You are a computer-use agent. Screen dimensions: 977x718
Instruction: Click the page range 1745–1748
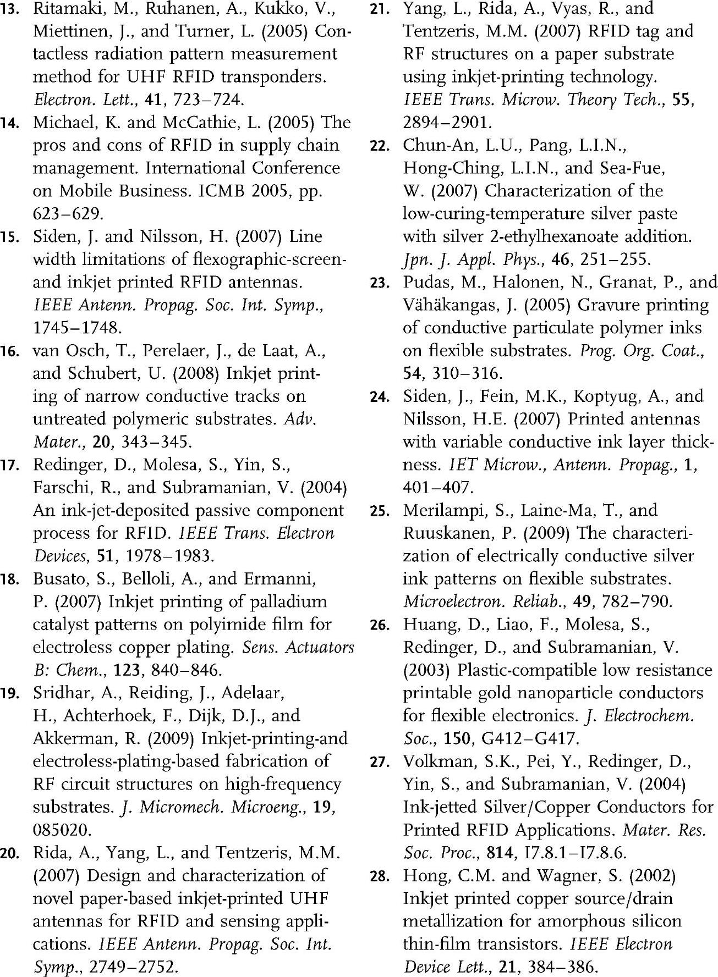77,328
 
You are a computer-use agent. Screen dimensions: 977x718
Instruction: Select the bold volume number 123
128,671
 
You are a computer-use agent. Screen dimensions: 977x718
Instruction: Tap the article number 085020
62,830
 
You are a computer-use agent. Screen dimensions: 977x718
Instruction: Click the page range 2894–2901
447,123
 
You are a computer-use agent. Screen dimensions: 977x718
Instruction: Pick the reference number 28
379,876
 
